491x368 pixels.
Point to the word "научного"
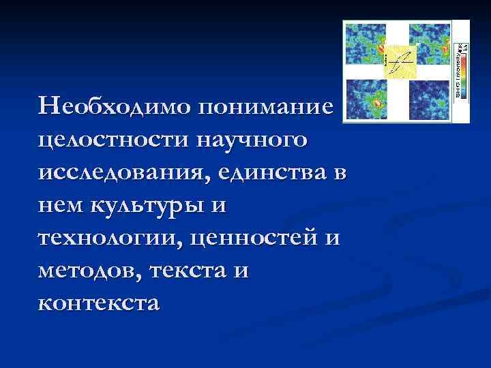(251, 140)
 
